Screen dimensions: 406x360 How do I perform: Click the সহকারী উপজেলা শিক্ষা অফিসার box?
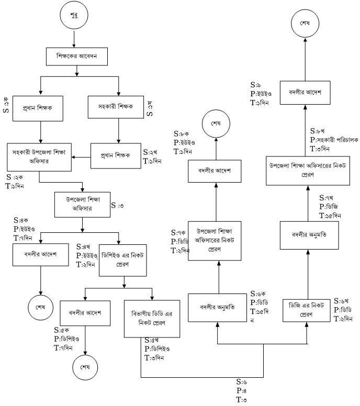click(40, 156)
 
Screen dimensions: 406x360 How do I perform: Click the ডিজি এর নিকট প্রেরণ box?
click(306, 312)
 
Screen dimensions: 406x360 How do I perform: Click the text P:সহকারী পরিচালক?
click(334, 140)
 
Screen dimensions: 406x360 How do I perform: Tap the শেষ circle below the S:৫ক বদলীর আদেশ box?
click(85, 366)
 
